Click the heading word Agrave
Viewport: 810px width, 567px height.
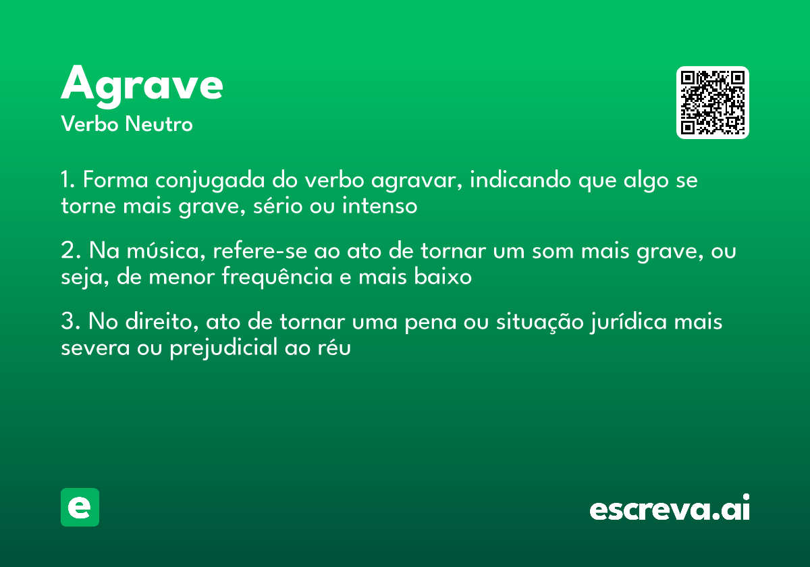pos(142,85)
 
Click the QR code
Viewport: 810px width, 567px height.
pos(712,103)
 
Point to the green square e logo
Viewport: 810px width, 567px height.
pos(80,507)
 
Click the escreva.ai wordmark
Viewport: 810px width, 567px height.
pos(670,508)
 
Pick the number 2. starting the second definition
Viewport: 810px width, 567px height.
pos(70,252)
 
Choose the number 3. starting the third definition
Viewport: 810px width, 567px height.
pos(70,323)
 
